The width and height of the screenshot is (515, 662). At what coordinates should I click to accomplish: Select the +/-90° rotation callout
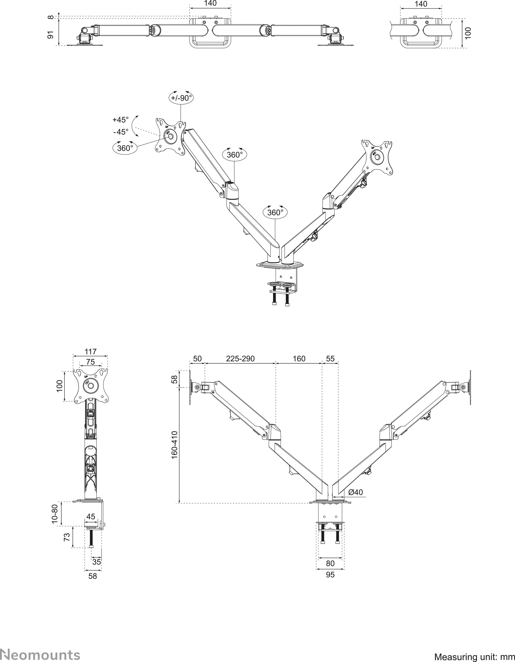(181, 98)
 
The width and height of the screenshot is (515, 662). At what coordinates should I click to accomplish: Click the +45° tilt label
(121, 120)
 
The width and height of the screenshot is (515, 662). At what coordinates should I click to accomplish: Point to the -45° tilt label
(121, 132)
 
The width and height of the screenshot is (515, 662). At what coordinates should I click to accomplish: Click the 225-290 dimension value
(240, 359)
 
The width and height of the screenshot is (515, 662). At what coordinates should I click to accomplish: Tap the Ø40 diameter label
(356, 492)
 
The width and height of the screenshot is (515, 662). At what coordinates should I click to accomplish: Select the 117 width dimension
(90, 352)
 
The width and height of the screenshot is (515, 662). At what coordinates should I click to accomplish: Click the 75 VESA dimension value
(90, 362)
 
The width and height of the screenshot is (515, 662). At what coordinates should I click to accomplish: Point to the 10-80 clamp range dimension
(55, 513)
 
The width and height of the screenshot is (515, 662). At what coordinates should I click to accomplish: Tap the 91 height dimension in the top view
(51, 35)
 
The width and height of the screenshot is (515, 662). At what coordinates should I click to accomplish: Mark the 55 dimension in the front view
(330, 359)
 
